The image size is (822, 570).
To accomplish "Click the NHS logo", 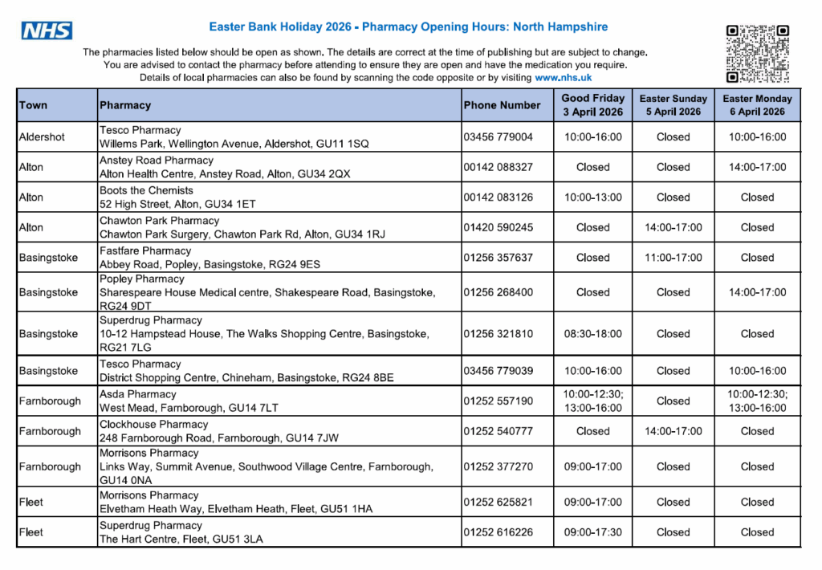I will [47, 31].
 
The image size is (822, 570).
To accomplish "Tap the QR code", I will [757, 54].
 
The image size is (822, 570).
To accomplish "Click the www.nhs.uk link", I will [563, 78].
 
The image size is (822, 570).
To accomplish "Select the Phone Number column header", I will [502, 105].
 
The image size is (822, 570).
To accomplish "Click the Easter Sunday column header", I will [673, 105].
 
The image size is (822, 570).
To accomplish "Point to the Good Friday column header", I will [592, 105].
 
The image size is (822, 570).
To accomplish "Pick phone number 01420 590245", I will [498, 227].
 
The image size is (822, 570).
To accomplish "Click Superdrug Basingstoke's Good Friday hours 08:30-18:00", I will [592, 333].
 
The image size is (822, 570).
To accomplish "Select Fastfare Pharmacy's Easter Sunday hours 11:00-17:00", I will [673, 258].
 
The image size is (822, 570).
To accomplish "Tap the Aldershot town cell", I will [42, 136].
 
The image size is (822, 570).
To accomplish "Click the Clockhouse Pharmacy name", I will [153, 424].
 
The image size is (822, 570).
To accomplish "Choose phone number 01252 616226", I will [498, 531].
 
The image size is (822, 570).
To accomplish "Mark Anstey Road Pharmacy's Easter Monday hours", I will [757, 167].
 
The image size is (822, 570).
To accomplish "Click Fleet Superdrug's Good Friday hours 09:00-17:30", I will [592, 531].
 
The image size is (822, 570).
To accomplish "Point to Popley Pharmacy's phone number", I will [498, 292].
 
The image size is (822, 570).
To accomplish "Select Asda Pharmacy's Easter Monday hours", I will [757, 401].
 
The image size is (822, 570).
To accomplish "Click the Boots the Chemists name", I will [146, 190].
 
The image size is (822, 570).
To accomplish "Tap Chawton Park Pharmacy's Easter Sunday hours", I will [673, 227].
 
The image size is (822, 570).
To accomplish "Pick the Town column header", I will [33, 105].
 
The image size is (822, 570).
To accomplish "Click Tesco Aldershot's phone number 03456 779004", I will [498, 136].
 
